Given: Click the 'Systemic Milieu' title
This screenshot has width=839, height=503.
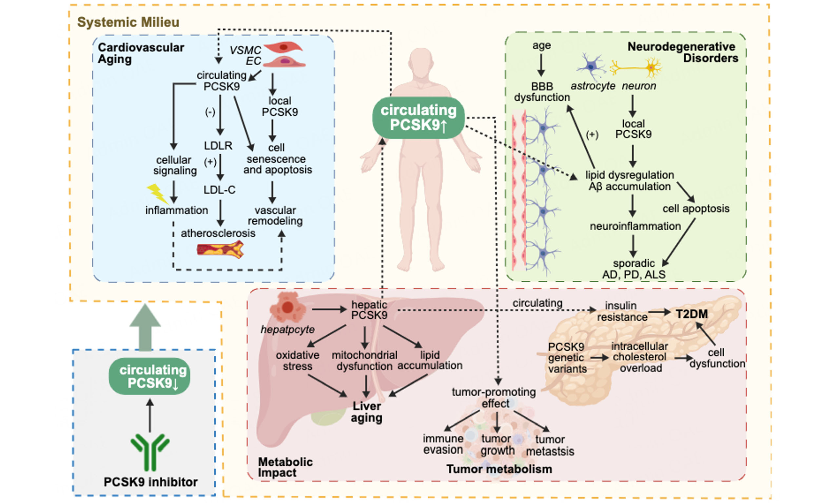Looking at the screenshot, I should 128,22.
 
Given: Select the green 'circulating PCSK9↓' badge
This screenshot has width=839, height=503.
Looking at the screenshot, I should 149,376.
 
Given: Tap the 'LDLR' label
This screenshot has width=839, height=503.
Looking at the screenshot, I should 218,146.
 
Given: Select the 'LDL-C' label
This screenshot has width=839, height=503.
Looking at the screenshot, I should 219,190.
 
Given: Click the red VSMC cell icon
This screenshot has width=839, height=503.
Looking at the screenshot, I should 283,47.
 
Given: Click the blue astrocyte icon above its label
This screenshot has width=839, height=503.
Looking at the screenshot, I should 591,66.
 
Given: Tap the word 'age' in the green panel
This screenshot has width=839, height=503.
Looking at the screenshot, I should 541,46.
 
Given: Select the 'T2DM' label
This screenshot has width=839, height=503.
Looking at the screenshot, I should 692,314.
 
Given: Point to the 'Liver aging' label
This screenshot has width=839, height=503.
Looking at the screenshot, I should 367,412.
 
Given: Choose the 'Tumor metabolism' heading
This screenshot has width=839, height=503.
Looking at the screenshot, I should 499,469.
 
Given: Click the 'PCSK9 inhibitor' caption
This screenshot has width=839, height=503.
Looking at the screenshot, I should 150,482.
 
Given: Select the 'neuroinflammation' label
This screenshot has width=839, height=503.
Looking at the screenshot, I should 635,226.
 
